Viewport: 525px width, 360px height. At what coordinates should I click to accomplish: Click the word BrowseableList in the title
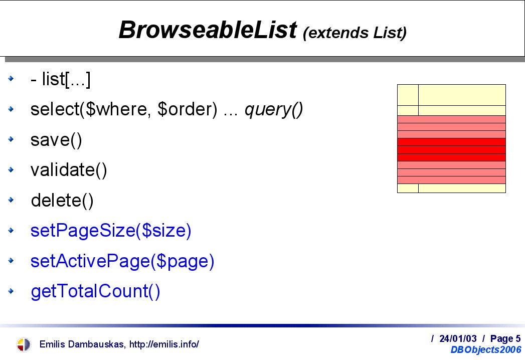pos(208,30)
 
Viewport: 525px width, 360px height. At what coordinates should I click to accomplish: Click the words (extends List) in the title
pos(355,33)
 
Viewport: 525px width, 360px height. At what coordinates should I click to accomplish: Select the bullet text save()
pos(56,140)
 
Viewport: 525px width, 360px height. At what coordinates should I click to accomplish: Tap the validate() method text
pos(69,170)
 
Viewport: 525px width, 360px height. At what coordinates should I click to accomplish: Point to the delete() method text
pos(62,201)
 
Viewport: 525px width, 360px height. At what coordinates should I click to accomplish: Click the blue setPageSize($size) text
pos(111,231)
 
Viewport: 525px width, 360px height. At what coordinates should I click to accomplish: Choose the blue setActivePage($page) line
pos(122,261)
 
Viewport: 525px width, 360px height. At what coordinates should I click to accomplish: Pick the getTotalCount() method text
pos(95,291)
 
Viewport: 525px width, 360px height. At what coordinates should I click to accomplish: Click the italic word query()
pos(274,109)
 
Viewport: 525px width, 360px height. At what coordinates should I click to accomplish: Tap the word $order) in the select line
pos(187,109)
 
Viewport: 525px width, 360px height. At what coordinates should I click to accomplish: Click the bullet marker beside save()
pos(11,139)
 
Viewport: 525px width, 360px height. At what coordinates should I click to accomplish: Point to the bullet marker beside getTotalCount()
pos(11,291)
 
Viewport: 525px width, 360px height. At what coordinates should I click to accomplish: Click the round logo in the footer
pos(24,344)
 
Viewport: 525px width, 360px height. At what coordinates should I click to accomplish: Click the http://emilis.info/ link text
pos(164,344)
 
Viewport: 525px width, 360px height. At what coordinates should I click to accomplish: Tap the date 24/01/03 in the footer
pos(458,338)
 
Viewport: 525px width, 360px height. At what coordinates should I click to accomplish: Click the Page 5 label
pos(505,339)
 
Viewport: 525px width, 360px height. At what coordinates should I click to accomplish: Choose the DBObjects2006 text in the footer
pos(486,349)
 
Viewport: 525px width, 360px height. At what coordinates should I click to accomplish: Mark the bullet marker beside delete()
pos(11,200)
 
